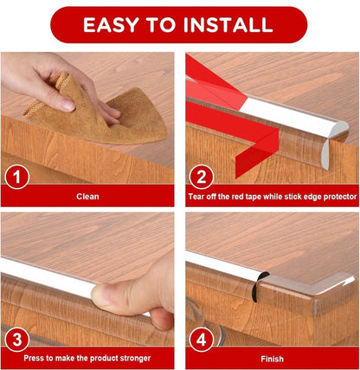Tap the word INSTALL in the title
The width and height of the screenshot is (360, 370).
point(228,24)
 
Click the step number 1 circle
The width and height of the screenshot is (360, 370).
point(17,177)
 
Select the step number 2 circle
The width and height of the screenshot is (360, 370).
point(202,177)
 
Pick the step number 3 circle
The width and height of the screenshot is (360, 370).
point(17,339)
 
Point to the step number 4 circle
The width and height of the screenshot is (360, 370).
point(202,339)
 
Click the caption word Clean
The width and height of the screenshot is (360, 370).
point(87,197)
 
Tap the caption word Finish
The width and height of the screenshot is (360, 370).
point(272,359)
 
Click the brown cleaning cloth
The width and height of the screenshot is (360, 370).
point(98,113)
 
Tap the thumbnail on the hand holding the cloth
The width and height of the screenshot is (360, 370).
point(68,106)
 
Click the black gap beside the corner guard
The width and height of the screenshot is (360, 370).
point(259,286)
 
